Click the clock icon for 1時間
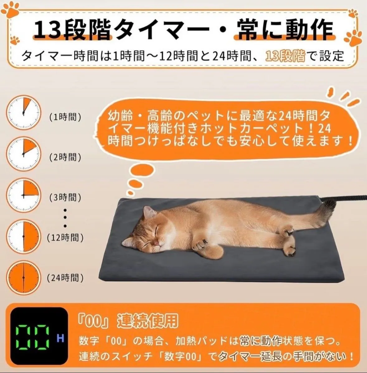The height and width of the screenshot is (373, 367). pyautogui.click(x=23, y=112)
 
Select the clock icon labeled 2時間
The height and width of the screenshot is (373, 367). pyautogui.click(x=23, y=154)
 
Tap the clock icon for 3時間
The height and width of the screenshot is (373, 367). pyautogui.click(x=23, y=195)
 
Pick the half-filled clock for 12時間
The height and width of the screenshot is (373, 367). pyautogui.click(x=23, y=236)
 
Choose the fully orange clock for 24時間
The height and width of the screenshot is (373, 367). pyautogui.click(x=23, y=278)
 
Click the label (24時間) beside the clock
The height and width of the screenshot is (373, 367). pyautogui.click(x=65, y=278)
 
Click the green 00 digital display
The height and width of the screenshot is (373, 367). pyautogui.click(x=33, y=337)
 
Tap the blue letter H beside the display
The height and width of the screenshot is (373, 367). pyautogui.click(x=60, y=338)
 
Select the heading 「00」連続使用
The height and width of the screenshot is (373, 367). pyautogui.click(x=128, y=321)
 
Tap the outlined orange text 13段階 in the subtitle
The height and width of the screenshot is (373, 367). pyautogui.click(x=285, y=56)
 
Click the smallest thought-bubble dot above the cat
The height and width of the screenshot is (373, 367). pyautogui.click(x=131, y=193)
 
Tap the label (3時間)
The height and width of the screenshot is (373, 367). pyautogui.click(x=65, y=197)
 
